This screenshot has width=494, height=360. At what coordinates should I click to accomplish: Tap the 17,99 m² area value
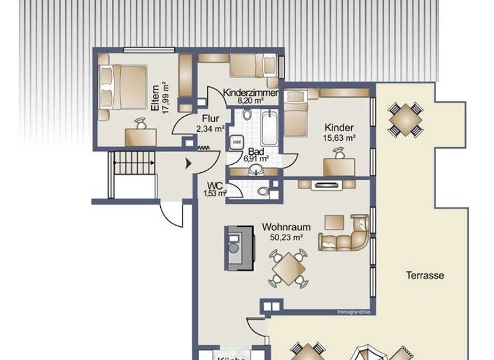[165, 98]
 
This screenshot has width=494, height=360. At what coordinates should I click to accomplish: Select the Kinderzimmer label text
[251, 93]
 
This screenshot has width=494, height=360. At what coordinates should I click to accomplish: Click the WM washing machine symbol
[236, 141]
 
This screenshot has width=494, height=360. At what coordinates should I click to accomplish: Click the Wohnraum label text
[286, 227]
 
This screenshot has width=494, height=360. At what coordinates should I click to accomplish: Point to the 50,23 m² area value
[286, 237]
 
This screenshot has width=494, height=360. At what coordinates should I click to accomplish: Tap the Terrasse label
[425, 275]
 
